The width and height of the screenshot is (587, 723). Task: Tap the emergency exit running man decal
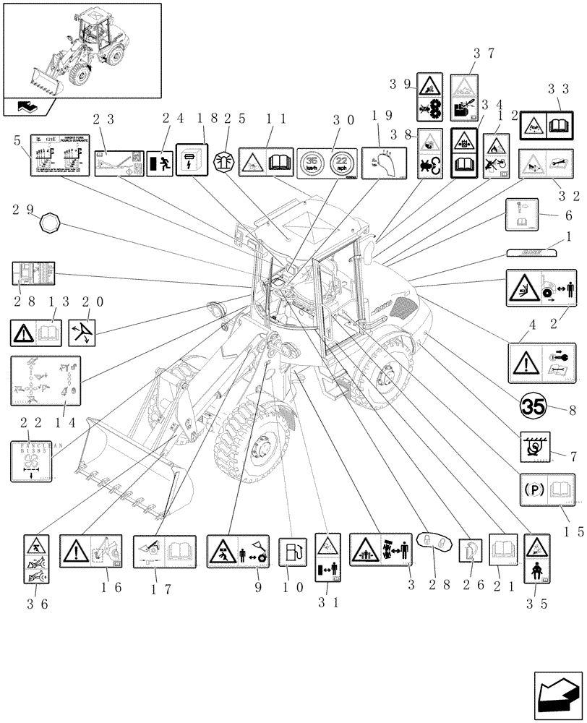[159, 163]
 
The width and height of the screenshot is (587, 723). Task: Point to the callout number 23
[106, 120]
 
